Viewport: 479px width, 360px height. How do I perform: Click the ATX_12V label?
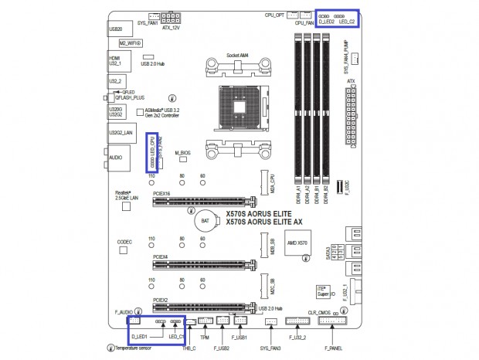[170, 28]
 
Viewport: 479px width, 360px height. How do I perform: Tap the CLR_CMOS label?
[320, 312]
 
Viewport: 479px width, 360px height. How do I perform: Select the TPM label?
[206, 338]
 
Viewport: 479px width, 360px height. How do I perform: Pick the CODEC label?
[125, 242]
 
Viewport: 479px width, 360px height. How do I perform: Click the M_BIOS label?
[182, 153]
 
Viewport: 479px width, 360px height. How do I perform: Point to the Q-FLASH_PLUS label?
[130, 98]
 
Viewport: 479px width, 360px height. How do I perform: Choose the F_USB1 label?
[239, 338]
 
